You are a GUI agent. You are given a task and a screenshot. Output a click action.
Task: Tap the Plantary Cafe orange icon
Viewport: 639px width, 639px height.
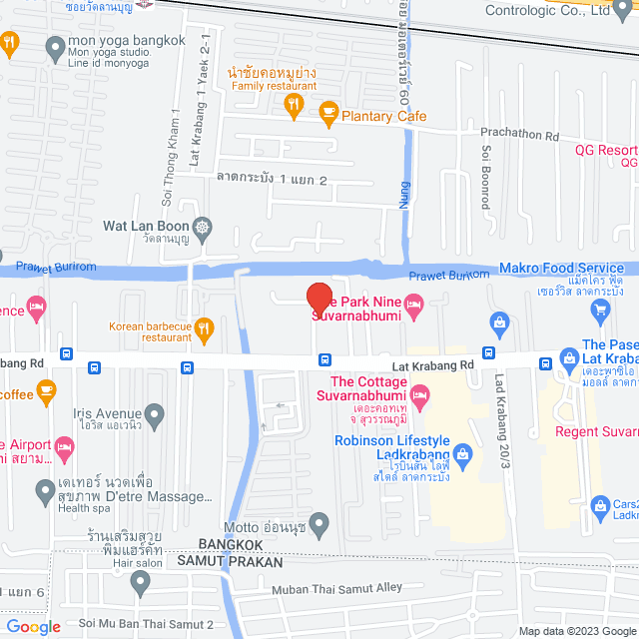(326, 116)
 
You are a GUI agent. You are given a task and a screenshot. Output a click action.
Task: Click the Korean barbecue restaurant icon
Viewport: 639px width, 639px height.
(203, 326)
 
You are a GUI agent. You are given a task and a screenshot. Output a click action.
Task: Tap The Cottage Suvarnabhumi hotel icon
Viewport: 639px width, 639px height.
(422, 401)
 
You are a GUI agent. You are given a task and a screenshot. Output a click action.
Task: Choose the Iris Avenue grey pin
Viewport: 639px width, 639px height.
(154, 411)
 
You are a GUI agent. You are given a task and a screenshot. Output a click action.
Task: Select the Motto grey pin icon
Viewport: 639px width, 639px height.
(319, 522)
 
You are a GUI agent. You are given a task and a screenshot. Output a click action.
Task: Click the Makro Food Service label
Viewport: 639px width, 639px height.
(561, 268)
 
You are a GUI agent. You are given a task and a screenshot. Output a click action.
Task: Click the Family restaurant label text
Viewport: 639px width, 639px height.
(268, 87)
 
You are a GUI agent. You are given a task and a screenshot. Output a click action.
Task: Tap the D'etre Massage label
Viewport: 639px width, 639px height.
(158, 496)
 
